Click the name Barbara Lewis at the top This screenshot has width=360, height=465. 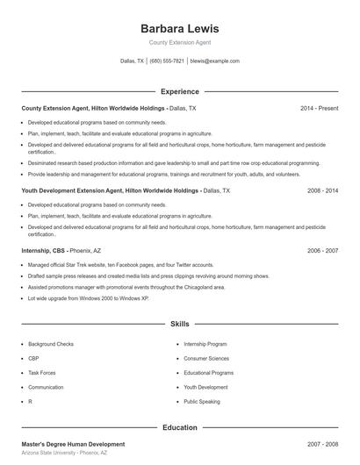(x=179, y=28)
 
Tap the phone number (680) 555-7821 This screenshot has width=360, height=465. (x=167, y=61)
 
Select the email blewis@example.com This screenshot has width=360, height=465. (x=214, y=61)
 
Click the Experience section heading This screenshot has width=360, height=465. (x=179, y=91)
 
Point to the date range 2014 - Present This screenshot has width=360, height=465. (x=319, y=109)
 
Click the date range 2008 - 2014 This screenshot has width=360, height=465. (x=322, y=190)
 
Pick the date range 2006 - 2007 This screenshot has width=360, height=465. (x=322, y=251)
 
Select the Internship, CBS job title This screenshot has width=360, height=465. (x=41, y=251)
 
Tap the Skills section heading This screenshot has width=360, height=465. (x=179, y=325)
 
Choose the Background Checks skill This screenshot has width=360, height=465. (x=50, y=345)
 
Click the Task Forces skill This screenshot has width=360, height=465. (x=41, y=373)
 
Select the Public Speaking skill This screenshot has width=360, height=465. (x=202, y=401)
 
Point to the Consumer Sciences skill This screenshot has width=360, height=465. (x=206, y=359)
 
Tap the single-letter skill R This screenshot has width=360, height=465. (x=30, y=401)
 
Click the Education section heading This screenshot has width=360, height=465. (x=179, y=427)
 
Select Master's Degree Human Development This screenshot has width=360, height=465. (x=73, y=444)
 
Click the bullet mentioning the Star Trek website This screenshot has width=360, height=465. (x=120, y=265)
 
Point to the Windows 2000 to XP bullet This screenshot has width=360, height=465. (x=89, y=298)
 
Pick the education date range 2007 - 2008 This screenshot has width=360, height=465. (x=322, y=444)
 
